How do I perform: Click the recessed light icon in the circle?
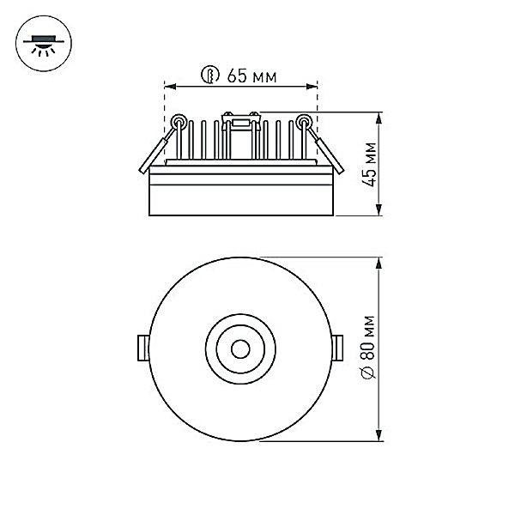tap(44, 44)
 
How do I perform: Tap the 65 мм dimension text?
tap(251, 76)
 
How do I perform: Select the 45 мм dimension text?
tap(369, 164)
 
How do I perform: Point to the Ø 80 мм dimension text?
tap(368, 348)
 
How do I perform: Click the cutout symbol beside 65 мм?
tap(210, 75)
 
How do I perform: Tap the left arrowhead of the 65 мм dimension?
tap(170, 87)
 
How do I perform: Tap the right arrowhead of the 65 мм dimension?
tap(312, 87)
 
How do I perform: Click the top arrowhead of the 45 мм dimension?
tap(379, 118)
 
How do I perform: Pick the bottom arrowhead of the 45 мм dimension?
tap(379, 209)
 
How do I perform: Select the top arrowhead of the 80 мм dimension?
tap(379, 264)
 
